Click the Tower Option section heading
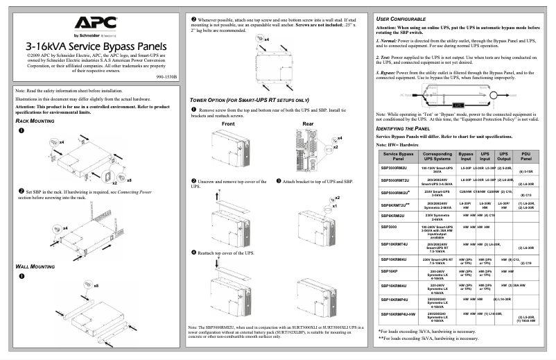tap(249, 100)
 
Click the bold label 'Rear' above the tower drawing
tap(308, 124)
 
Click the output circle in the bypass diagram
tap(493, 95)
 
